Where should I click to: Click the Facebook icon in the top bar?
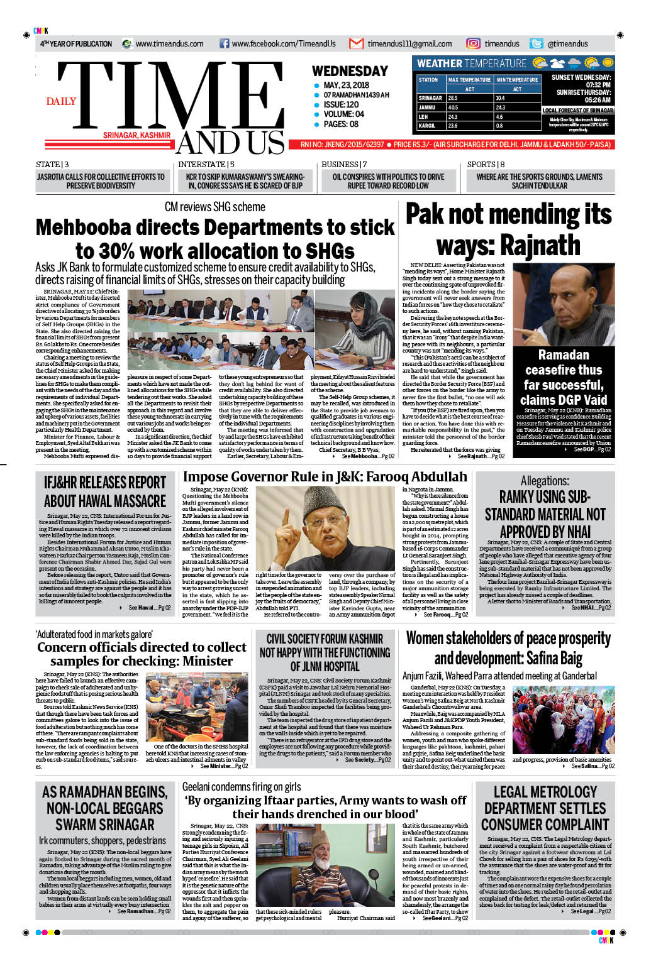coord(224,44)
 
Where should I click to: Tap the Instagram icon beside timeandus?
coord(473,43)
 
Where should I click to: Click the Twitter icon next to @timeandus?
coord(536,43)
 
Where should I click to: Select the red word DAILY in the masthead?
coord(61,101)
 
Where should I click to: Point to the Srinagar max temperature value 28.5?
coord(453,98)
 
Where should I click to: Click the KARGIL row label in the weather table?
coord(427,126)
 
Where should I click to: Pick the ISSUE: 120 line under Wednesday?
coord(342,104)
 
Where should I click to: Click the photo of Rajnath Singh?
coord(563,304)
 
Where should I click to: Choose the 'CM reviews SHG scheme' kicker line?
coord(214,207)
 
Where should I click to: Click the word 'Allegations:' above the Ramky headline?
coord(545,481)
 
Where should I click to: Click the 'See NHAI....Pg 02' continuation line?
coord(591,608)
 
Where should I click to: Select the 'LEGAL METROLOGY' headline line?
coord(545,792)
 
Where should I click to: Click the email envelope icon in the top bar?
coord(356,44)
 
